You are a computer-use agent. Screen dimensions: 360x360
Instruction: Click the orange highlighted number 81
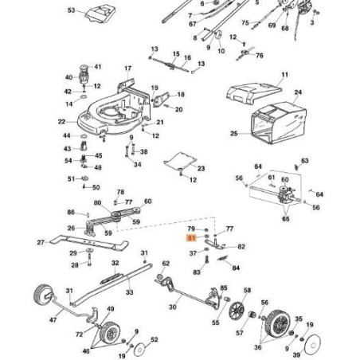[191, 237]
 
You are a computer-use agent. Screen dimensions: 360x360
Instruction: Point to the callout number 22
[61, 122]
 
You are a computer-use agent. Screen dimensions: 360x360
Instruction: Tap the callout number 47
[53, 319]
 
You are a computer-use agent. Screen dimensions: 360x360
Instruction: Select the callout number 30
[174, 307]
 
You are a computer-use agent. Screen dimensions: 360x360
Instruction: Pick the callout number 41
[98, 67]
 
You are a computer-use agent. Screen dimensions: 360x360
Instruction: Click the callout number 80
[97, 202]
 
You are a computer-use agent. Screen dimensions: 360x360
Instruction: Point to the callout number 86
[70, 213]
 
